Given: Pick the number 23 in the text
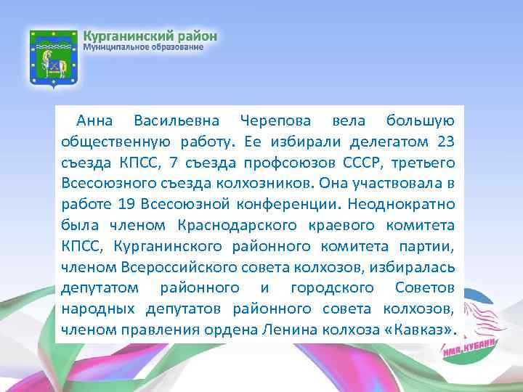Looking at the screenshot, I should click(446, 141).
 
